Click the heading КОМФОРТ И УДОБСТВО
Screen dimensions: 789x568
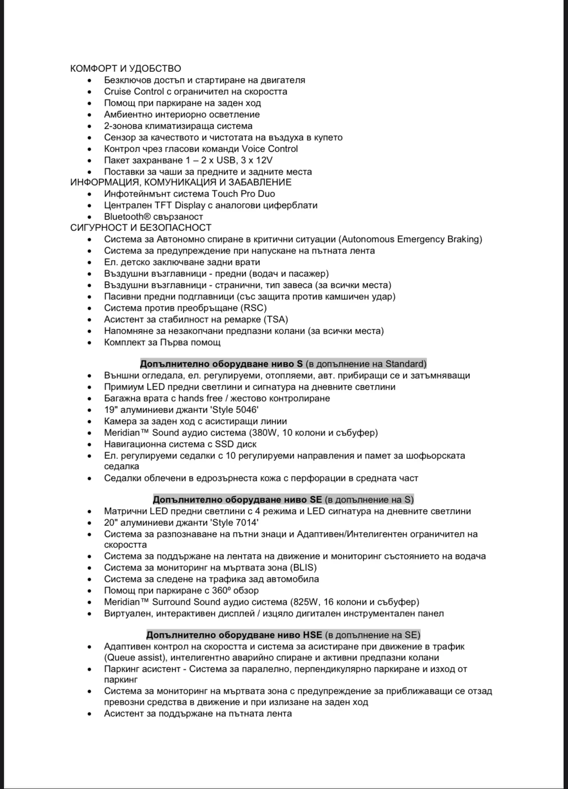[125, 69]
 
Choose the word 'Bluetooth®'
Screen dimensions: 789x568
[124, 217]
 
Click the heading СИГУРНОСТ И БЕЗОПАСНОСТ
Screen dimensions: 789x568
[141, 228]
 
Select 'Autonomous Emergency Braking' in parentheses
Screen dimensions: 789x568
[412, 239]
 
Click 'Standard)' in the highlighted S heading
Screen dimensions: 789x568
[406, 364]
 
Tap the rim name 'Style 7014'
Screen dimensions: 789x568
[235, 523]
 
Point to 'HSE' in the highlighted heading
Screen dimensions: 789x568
[312, 635]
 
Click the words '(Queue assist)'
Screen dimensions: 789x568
[136, 658]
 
